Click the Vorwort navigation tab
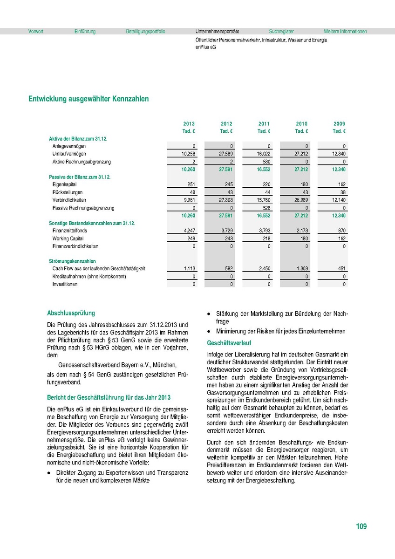pos(36,32)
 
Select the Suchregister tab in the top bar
pos(281,32)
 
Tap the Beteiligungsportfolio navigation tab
pos(145,32)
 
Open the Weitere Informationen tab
pos(345,32)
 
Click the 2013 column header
pos(189,124)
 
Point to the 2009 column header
pos(339,124)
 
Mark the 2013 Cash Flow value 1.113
pos(188,269)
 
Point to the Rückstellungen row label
pos(68,192)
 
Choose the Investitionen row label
pos(65,284)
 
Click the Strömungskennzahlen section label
pos(72,261)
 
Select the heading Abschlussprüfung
pos(71,314)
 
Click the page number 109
pos(361,526)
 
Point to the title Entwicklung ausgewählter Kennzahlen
pos(89,99)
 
